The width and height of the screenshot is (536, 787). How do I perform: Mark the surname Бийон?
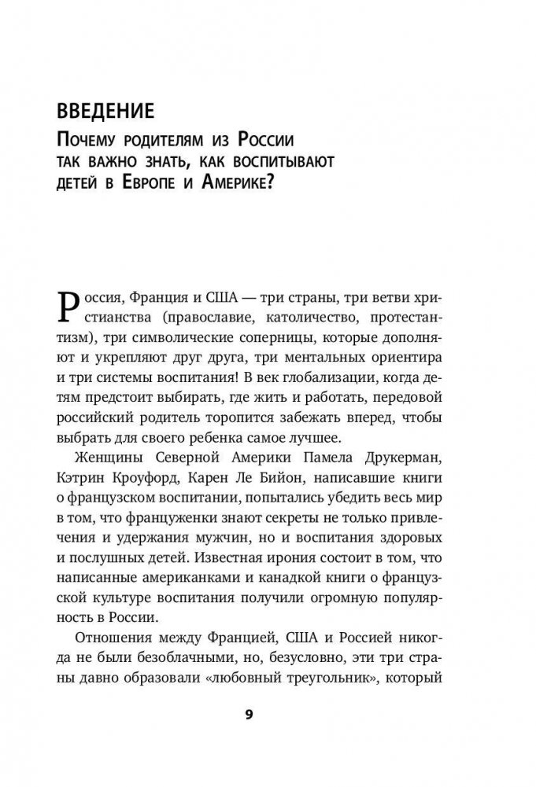(296, 478)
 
